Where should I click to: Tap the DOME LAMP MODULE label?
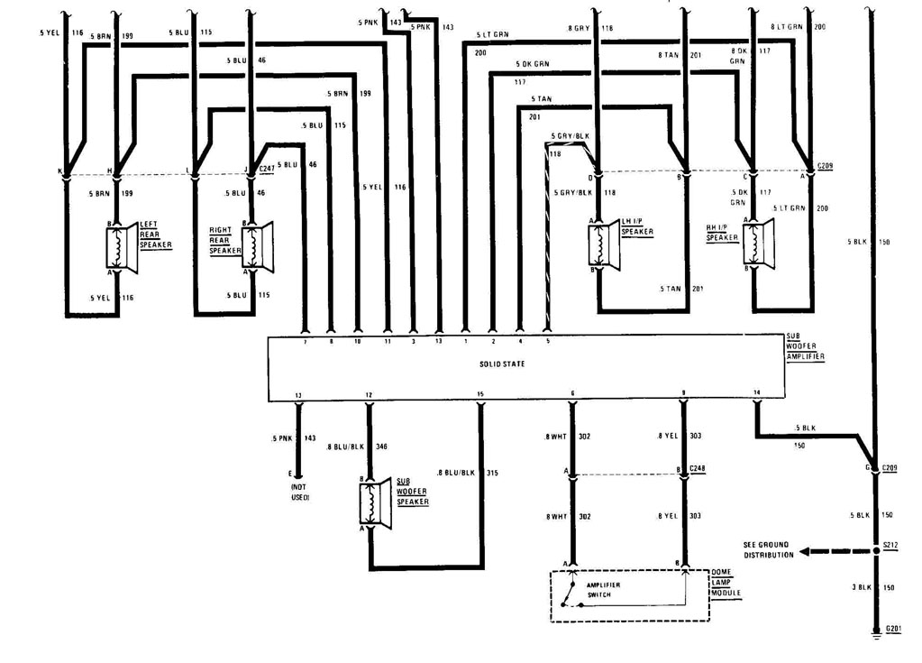[726, 583]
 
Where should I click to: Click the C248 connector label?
[698, 469]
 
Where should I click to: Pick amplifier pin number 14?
[756, 393]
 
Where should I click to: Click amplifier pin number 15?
[480, 394]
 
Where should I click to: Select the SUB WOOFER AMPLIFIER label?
[805, 346]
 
